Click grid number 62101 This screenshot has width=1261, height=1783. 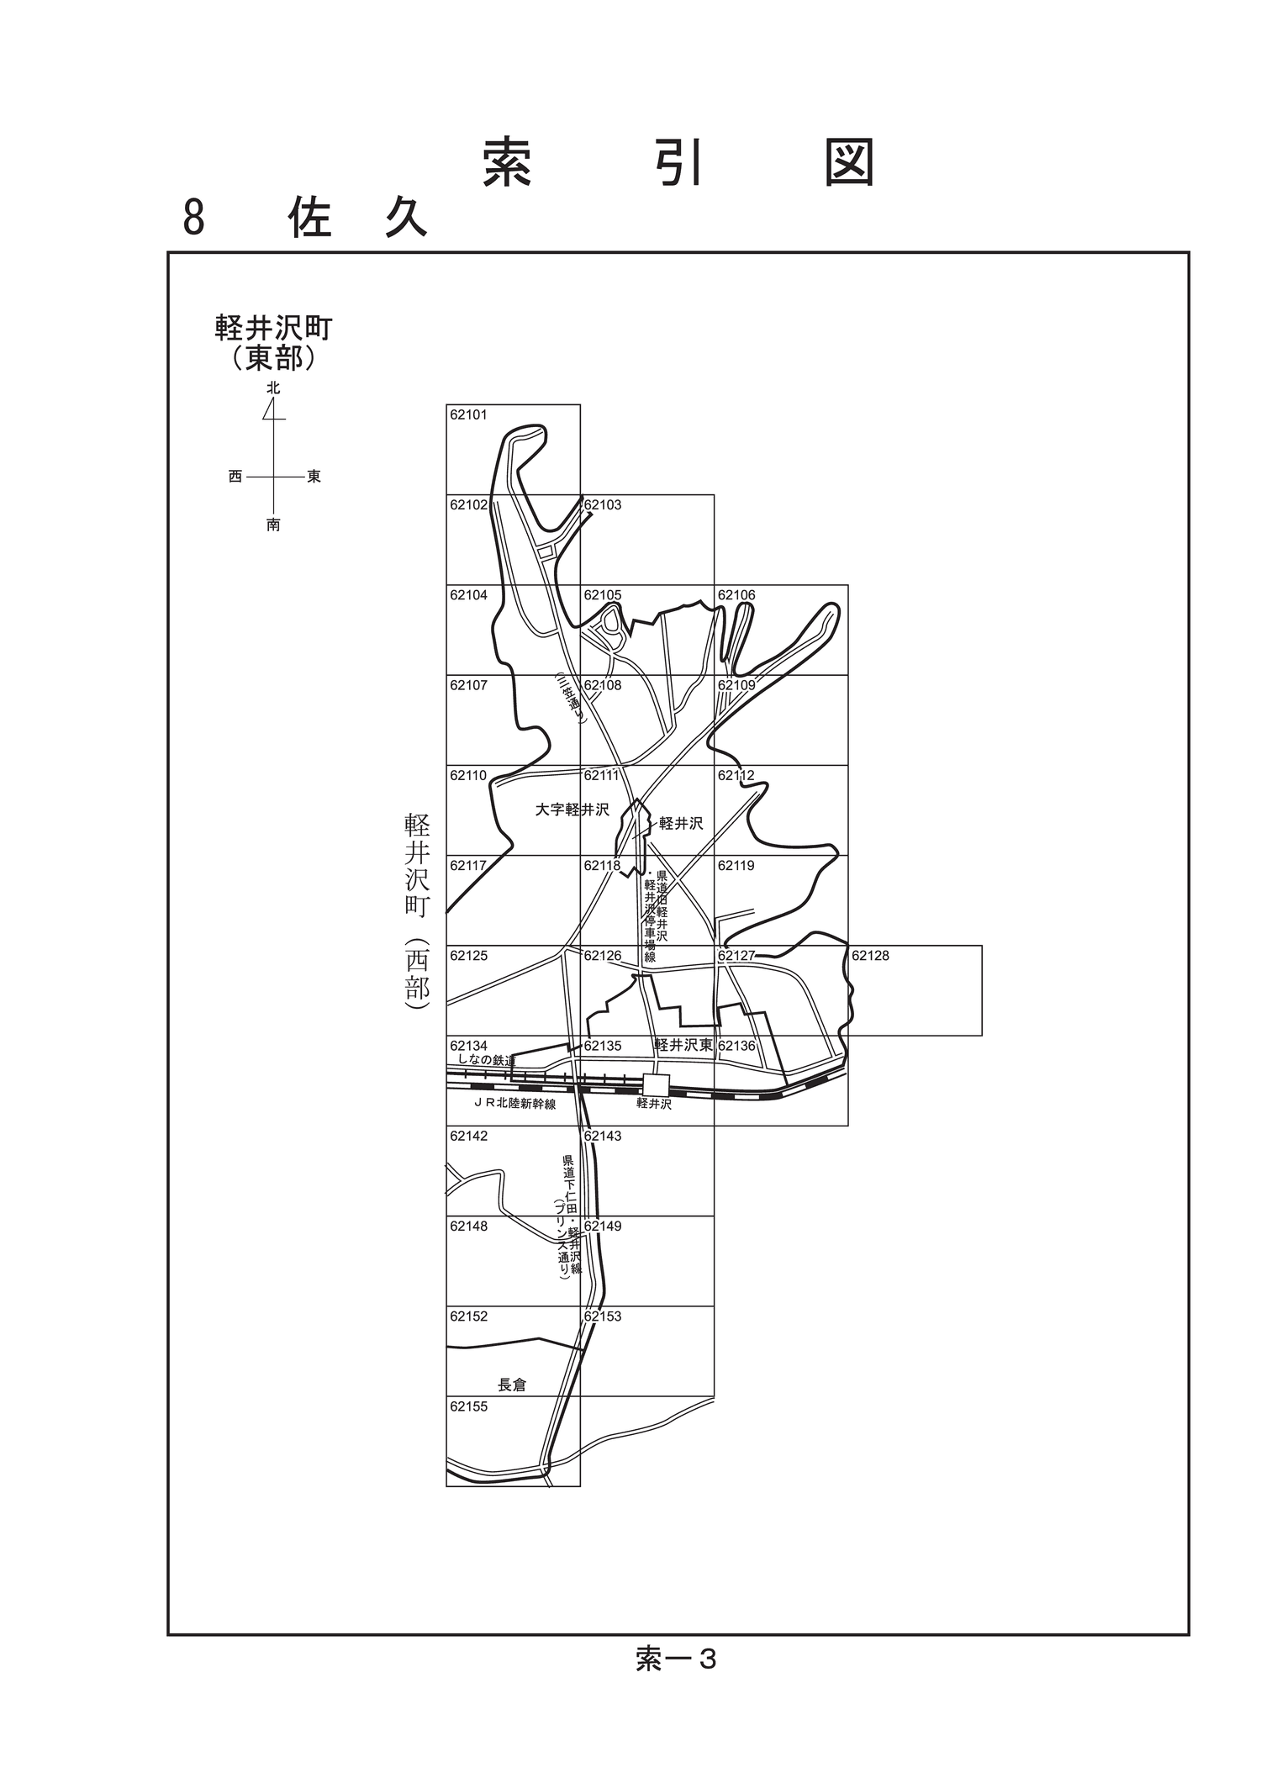tap(468, 414)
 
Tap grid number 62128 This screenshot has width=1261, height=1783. tap(870, 956)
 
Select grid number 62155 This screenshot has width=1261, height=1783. tap(468, 1406)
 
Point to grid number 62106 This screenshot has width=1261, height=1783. tap(736, 595)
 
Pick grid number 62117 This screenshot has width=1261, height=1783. tap(468, 865)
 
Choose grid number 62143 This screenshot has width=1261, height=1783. tap(603, 1136)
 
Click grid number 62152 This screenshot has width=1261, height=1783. tap(468, 1316)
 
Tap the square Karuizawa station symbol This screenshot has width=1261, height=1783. tap(656, 1085)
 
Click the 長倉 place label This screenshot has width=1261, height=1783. tap(512, 1385)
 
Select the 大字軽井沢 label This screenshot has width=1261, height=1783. tap(572, 810)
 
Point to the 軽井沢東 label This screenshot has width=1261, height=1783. tap(683, 1045)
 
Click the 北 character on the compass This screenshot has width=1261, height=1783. tap(273, 388)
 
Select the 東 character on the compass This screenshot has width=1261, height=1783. tap(314, 477)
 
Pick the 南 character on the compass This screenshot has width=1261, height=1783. tap(273, 525)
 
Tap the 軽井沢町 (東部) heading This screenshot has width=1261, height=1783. tap(274, 342)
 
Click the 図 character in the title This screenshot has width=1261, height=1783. tap(849, 162)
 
